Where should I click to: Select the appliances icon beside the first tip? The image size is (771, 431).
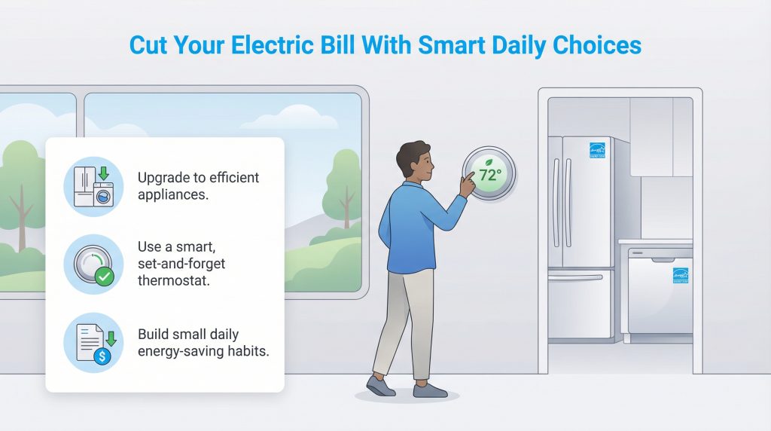point(93,187)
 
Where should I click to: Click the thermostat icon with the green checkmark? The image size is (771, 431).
point(93,264)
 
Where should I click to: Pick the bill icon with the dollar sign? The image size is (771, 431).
point(93,343)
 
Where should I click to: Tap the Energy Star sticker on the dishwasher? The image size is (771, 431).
point(681,275)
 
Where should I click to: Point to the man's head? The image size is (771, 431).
point(415,160)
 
